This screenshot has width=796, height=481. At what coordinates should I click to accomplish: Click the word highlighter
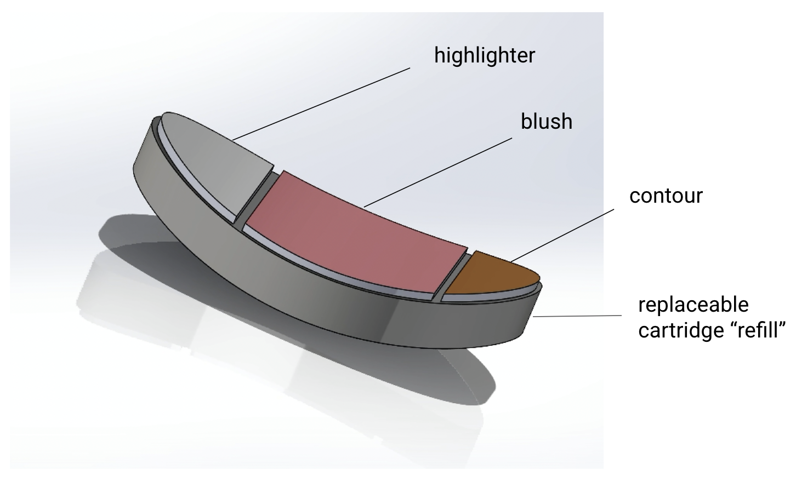(x=484, y=56)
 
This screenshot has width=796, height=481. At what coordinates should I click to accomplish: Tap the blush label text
(x=546, y=121)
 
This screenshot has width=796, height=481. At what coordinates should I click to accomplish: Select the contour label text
(x=666, y=196)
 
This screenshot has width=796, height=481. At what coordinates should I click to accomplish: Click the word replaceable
(x=693, y=305)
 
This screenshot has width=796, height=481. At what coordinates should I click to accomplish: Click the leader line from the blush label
(x=439, y=172)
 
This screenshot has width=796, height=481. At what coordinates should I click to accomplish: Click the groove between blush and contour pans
(x=454, y=274)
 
